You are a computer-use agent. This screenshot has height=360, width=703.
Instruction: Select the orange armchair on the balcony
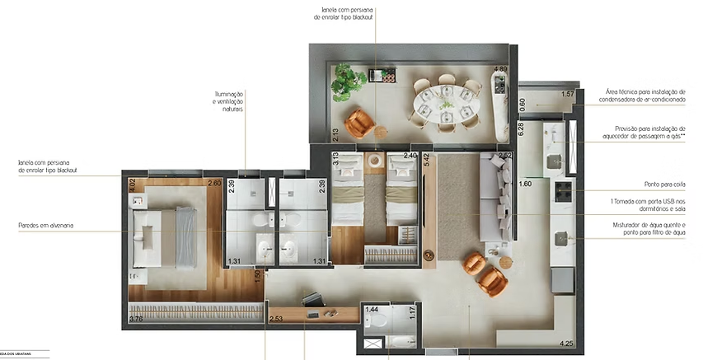[359, 124]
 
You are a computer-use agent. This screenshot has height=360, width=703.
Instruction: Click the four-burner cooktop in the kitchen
[565, 193]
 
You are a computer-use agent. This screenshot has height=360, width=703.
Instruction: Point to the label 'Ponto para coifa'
[664, 185]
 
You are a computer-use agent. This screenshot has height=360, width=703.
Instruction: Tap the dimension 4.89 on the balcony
[500, 69]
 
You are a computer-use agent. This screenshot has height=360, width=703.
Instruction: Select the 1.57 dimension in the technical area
[567, 95]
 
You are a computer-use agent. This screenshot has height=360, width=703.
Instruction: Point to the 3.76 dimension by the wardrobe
[137, 317]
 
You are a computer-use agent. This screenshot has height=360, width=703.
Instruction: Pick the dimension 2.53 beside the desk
[276, 318]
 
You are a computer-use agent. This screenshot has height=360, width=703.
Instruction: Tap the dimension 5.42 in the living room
[426, 161]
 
